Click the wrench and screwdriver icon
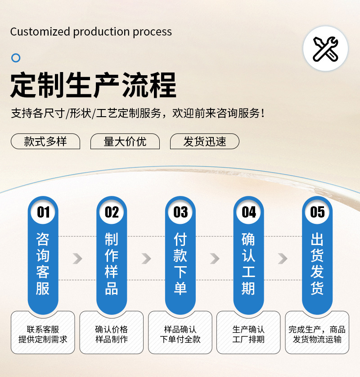point(325,49)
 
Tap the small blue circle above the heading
point(16,58)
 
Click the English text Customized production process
point(91,32)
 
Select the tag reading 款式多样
point(45,141)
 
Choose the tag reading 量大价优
point(125,141)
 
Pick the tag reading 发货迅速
point(204,141)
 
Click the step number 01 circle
point(43,212)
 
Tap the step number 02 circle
point(112,212)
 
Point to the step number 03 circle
point(180,212)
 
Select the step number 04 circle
point(249,212)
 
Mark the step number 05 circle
point(317,212)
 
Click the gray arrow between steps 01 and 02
point(77,259)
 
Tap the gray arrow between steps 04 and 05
point(283,259)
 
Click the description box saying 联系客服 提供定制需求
point(43,334)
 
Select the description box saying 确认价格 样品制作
point(112,334)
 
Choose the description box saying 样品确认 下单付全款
point(180,334)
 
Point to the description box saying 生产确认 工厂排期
point(249,334)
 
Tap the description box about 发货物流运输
point(317,334)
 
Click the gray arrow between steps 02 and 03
point(146,259)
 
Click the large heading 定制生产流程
point(93,85)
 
